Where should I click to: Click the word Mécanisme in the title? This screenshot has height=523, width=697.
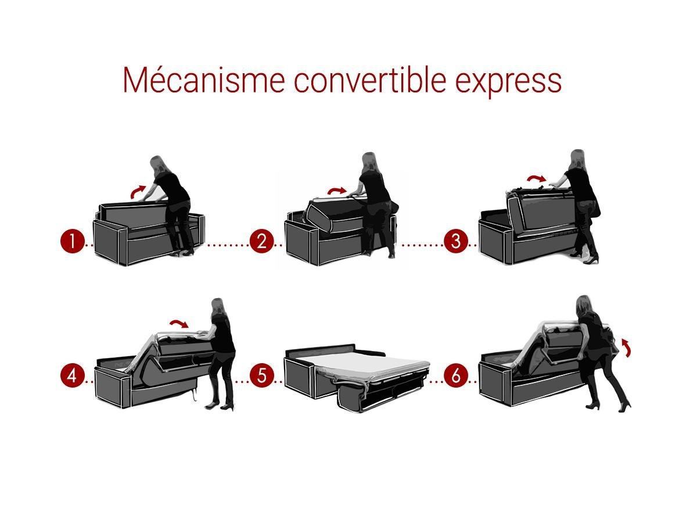pos(203,79)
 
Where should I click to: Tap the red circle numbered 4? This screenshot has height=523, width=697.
pos(73,376)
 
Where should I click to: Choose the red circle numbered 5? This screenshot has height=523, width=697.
pos(261,376)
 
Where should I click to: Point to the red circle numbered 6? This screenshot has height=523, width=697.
pos(456,376)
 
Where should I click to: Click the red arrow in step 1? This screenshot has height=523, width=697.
pos(137,191)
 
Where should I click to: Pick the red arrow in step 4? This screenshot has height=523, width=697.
pos(178,323)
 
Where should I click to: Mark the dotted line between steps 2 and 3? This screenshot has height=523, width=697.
pos(422,245)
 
